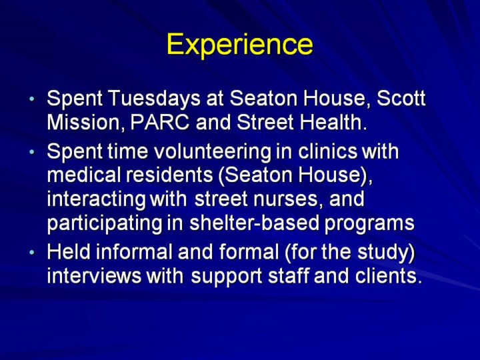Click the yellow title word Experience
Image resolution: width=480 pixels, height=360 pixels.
pos(240,45)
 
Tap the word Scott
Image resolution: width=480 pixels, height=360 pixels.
pos(401,98)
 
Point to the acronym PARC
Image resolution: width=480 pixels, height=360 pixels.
pos(160,122)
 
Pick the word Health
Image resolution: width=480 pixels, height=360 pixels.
pos(333,122)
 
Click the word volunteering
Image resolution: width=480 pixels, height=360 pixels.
pos(213,152)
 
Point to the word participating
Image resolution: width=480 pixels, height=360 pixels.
pos(105,223)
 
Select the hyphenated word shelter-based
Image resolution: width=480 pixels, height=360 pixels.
pos(255,223)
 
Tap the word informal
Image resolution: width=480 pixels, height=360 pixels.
pos(135,251)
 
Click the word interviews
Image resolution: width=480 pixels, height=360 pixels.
pos(94,275)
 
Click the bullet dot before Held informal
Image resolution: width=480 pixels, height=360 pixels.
pos(32,253)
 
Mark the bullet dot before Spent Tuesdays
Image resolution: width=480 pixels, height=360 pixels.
pos(32,99)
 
